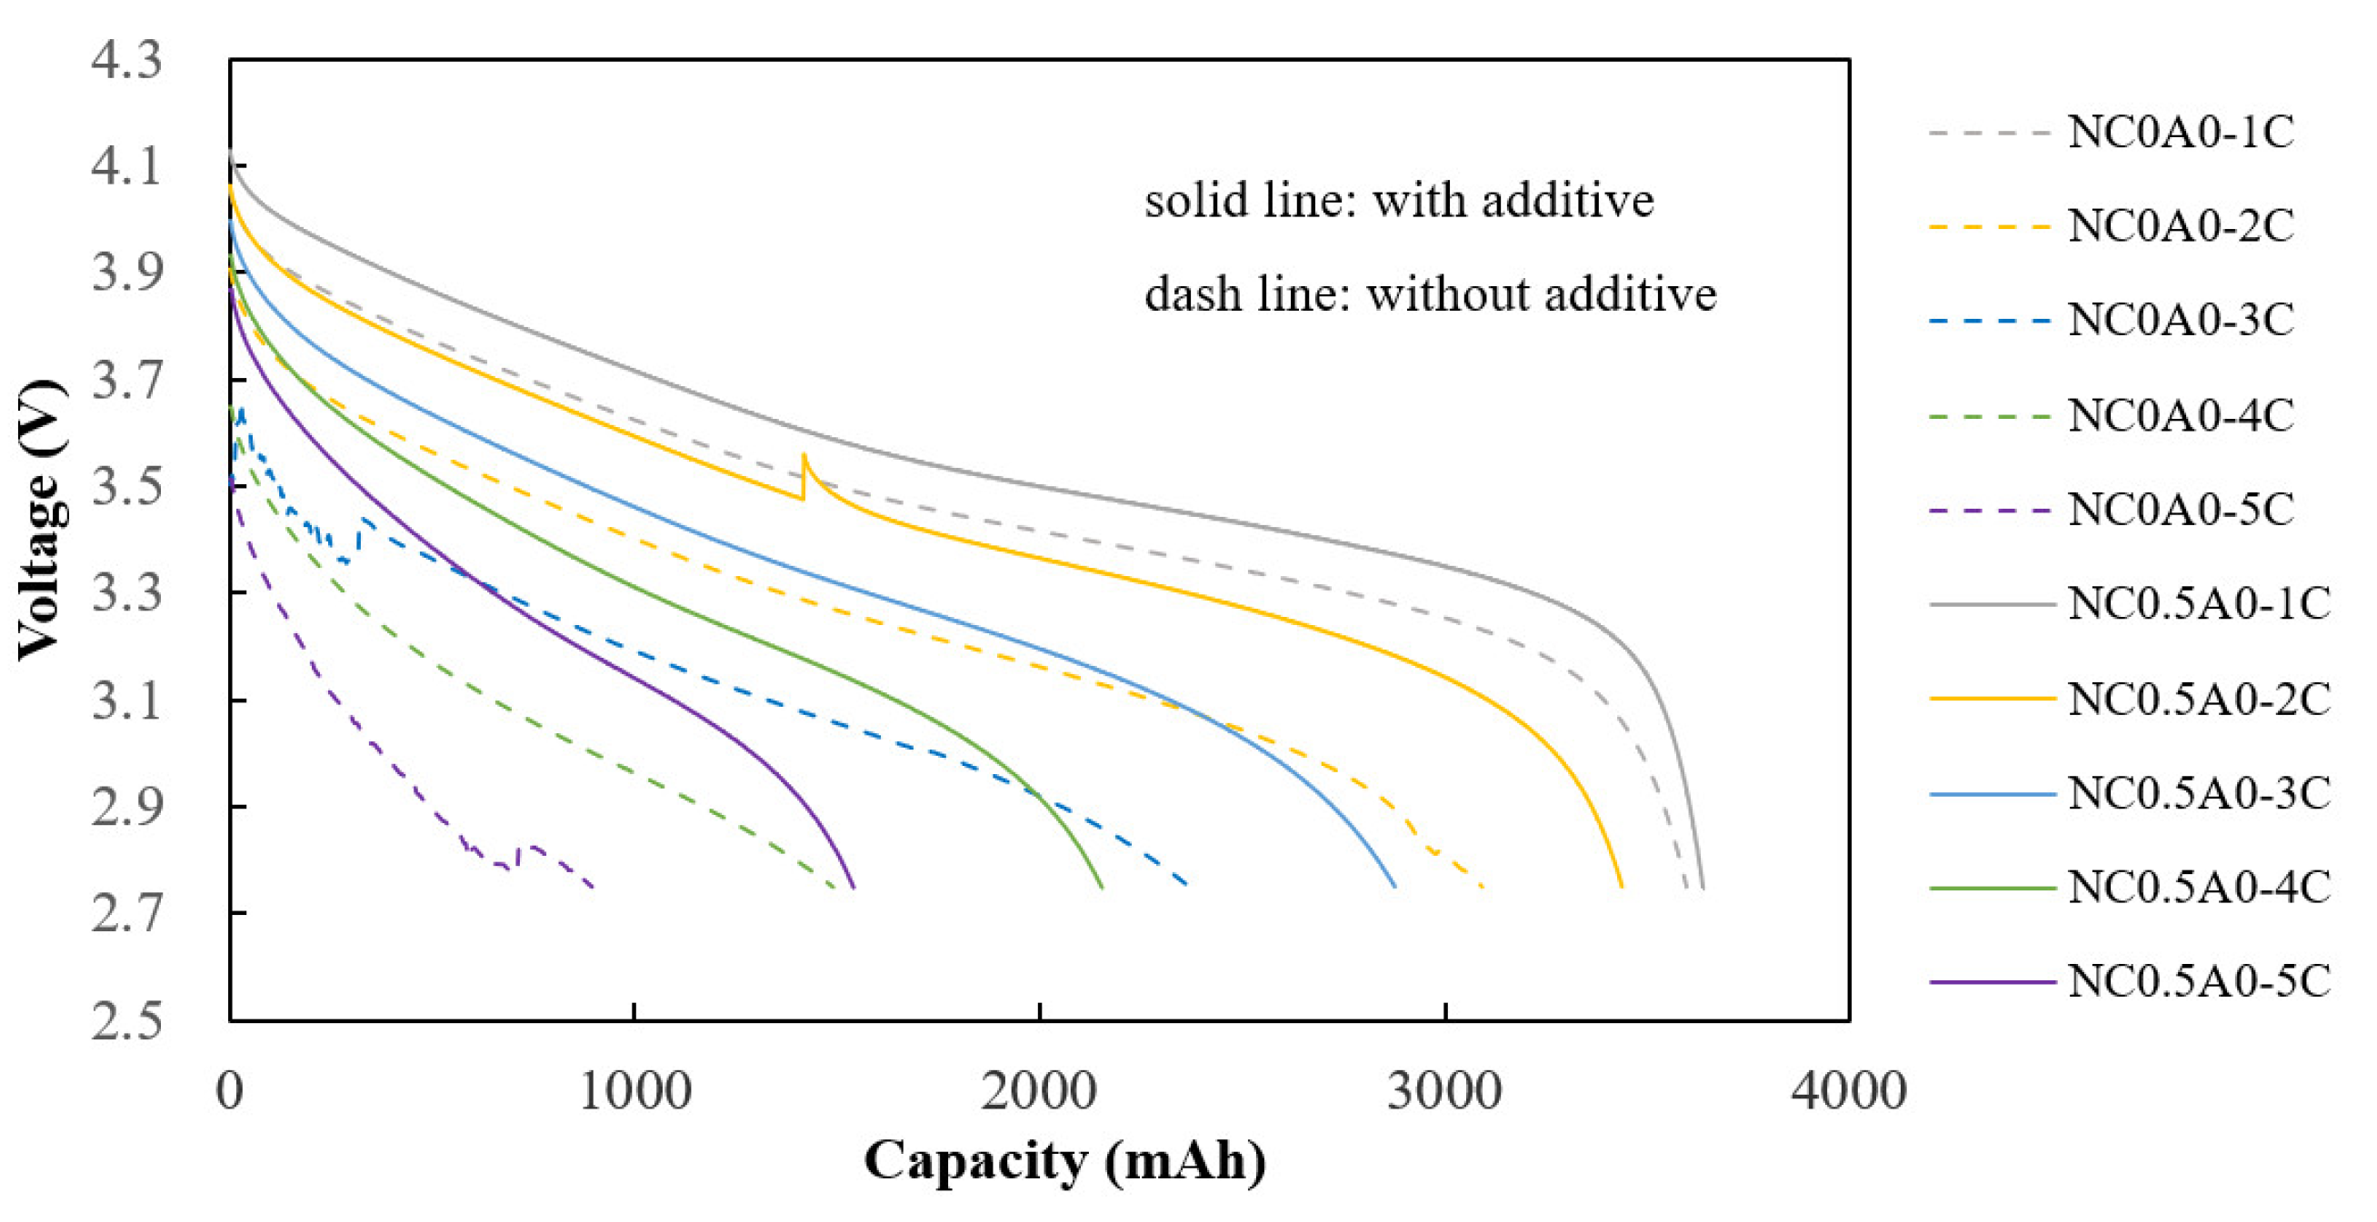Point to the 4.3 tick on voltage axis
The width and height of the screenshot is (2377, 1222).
pos(126,60)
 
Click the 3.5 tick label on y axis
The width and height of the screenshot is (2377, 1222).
pos(126,487)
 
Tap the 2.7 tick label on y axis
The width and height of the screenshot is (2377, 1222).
pos(126,914)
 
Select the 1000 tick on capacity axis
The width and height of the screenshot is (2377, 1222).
pos(634,1091)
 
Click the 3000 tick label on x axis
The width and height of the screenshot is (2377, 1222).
pos(1445,1091)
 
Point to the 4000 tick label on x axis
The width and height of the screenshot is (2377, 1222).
pos(1849,1091)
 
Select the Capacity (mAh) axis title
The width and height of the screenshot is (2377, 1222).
pos(1064,1161)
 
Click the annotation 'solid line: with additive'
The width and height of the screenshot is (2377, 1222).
pos(1399,200)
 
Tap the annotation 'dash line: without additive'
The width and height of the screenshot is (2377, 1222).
pos(1430,294)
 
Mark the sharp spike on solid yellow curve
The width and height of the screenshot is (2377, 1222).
pos(804,455)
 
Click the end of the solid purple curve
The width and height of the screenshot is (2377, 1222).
pos(854,888)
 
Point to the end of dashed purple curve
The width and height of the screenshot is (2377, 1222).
pos(593,888)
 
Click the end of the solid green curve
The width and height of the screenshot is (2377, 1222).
pos(1103,888)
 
